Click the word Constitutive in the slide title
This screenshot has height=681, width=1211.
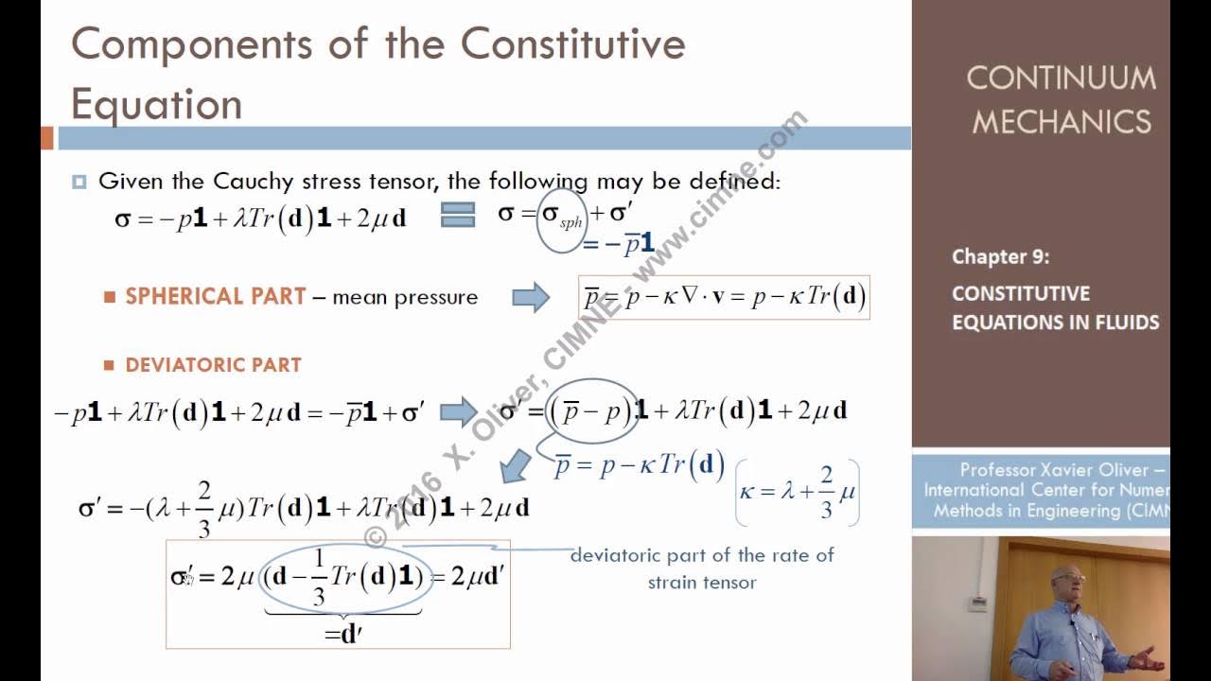pyautogui.click(x=572, y=44)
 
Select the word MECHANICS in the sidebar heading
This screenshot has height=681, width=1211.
pyautogui.click(x=1062, y=121)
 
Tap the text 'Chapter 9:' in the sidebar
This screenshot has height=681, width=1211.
pyautogui.click(x=1000, y=256)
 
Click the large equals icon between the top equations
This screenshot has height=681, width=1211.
pyautogui.click(x=458, y=216)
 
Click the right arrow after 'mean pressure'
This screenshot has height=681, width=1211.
pyautogui.click(x=531, y=297)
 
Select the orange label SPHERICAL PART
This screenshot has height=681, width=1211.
pyautogui.click(x=216, y=296)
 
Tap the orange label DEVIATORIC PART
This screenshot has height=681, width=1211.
pyautogui.click(x=213, y=365)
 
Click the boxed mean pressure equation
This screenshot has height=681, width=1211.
pyautogui.click(x=724, y=297)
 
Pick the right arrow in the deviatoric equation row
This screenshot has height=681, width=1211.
pyautogui.click(x=459, y=411)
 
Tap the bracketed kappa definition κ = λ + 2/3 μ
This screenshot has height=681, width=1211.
pyautogui.click(x=798, y=492)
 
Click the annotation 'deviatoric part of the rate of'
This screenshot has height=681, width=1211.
pyautogui.click(x=702, y=555)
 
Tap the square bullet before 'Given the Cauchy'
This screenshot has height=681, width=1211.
pyautogui.click(x=79, y=182)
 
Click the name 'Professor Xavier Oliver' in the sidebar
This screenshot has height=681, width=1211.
pyautogui.click(x=1058, y=470)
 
